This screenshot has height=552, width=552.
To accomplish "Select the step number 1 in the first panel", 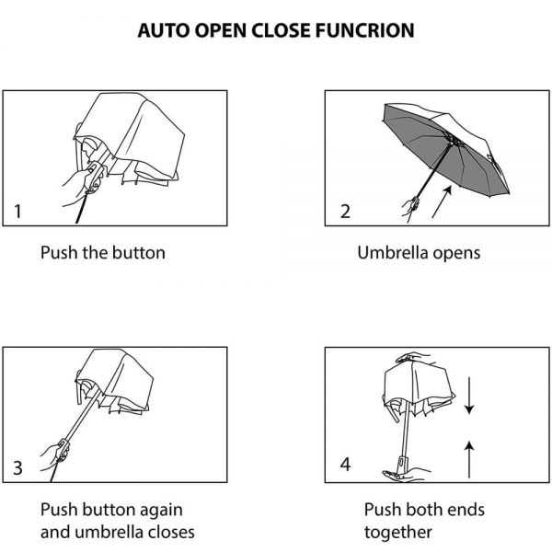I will pos(18,213).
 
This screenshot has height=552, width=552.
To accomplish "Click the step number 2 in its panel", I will pos(345,213).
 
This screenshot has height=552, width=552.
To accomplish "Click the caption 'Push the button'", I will pos(102,252).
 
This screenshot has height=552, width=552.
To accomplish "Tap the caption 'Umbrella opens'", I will pos(419,252).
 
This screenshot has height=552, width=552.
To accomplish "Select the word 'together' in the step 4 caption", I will pos(397,532).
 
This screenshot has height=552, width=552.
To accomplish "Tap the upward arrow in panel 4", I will pos(468,457).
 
